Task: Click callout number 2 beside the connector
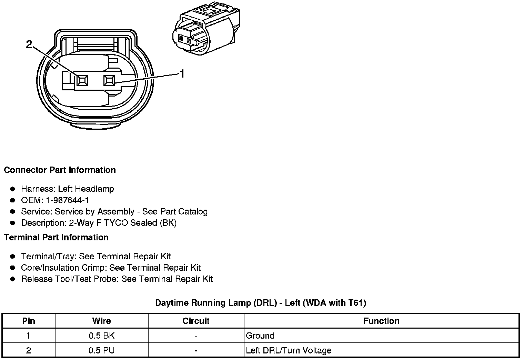(x=29, y=44)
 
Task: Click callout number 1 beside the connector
(x=182, y=74)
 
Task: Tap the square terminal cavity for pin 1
(x=109, y=80)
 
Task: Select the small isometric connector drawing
(x=206, y=29)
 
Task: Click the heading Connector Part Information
(x=60, y=170)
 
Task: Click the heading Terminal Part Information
(x=56, y=237)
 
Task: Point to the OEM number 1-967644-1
(x=67, y=200)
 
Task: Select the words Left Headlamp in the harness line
(x=86, y=189)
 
